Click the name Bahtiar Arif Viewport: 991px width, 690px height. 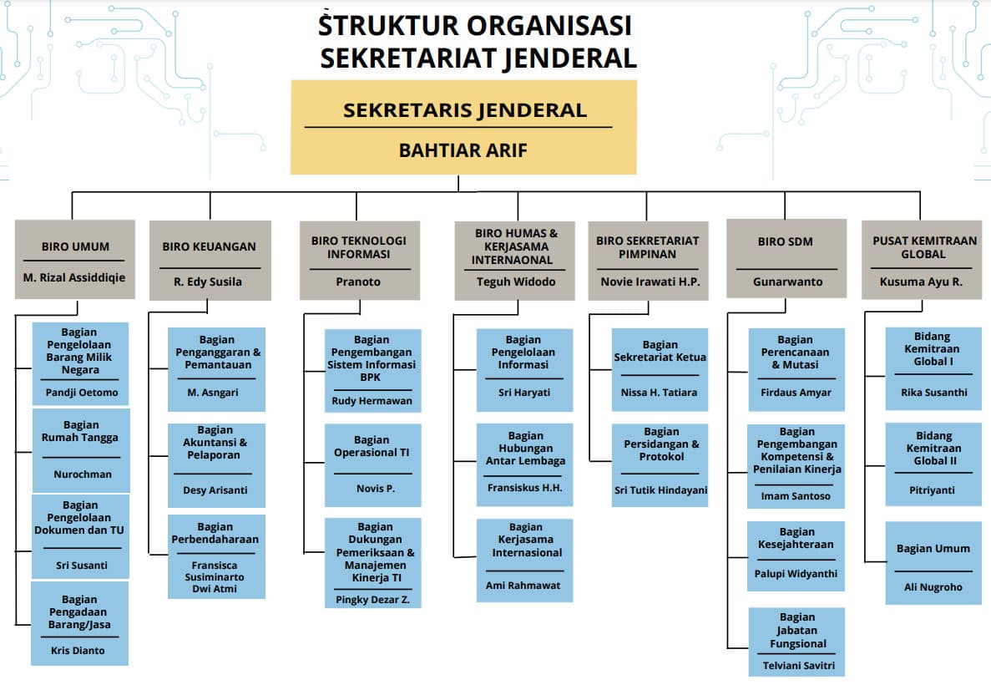(463, 150)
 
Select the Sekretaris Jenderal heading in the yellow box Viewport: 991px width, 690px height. (464, 110)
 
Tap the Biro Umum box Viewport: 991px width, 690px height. (74, 259)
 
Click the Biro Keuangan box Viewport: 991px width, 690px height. (210, 260)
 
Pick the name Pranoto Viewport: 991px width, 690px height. (357, 282)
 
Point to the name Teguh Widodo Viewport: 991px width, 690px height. (516, 282)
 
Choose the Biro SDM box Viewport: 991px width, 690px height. (786, 259)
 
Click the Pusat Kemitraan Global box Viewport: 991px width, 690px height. (922, 260)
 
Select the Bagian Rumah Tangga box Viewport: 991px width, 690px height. (81, 450)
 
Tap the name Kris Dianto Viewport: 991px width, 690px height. (78, 650)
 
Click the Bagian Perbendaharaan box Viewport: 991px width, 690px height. (216, 556)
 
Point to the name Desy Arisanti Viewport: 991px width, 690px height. (215, 490)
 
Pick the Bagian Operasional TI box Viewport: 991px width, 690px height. (373, 465)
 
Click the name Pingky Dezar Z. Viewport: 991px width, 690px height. (372, 600)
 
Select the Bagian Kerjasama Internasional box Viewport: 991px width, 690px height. (524, 561)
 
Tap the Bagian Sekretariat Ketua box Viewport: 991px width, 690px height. (660, 370)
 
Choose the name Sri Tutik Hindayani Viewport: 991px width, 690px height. (660, 490)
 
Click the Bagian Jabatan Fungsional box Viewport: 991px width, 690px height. (796, 642)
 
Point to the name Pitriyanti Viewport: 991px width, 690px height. (932, 490)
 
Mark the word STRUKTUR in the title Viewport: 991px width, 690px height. (388, 25)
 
